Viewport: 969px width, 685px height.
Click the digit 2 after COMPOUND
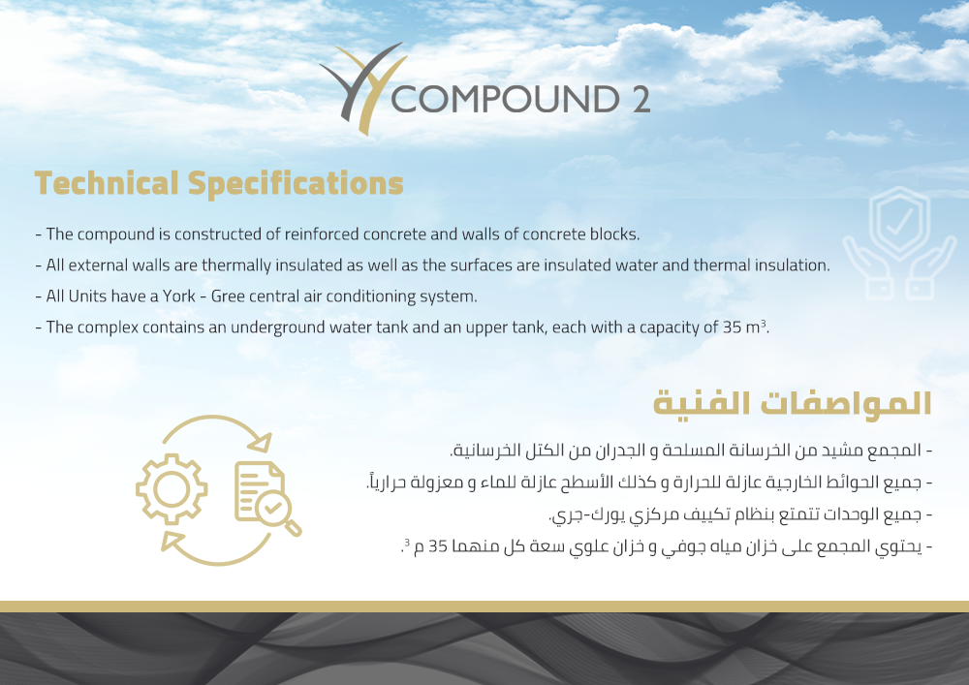(x=641, y=100)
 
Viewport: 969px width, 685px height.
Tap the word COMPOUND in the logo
(x=505, y=100)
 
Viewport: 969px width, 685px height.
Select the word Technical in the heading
(x=107, y=183)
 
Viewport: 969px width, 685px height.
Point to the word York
(x=179, y=296)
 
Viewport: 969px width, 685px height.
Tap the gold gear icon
(x=172, y=489)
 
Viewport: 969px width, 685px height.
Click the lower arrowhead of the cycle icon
(x=172, y=541)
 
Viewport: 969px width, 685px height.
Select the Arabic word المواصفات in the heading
(x=845, y=403)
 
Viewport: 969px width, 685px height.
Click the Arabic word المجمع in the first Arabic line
(x=894, y=451)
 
